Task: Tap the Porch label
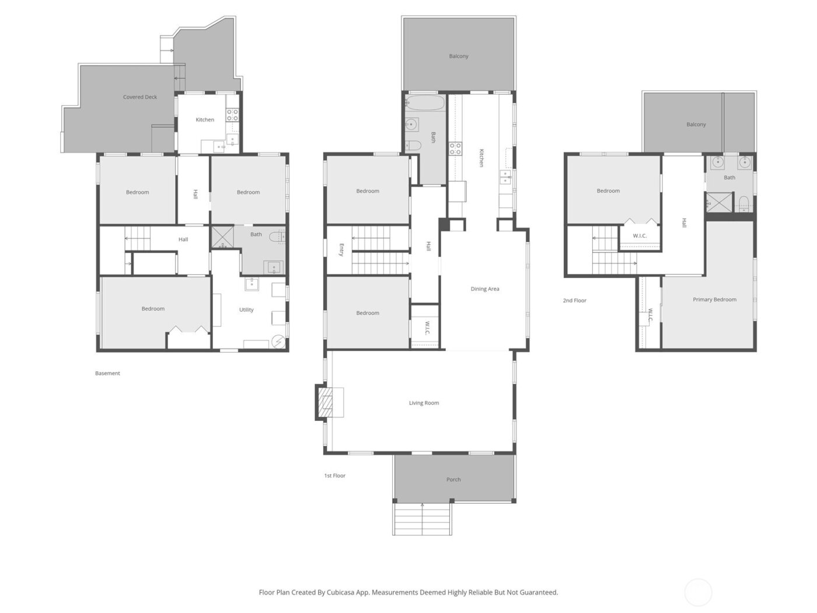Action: coord(453,479)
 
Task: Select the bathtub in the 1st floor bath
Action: coord(425,105)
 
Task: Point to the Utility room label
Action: coord(246,309)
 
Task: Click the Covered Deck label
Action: coord(140,97)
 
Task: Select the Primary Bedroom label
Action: coord(714,299)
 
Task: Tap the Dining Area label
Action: coord(485,289)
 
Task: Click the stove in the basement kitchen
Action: coord(232,114)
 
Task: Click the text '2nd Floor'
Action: coord(574,301)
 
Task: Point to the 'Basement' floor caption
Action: coord(107,373)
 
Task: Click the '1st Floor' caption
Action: coord(335,476)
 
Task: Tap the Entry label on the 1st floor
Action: coord(341,249)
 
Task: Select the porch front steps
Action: coord(422,519)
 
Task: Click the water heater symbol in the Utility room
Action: coord(279,341)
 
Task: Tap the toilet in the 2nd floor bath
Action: coord(744,203)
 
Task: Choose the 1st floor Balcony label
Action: coord(459,56)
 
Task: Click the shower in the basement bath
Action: coord(222,236)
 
